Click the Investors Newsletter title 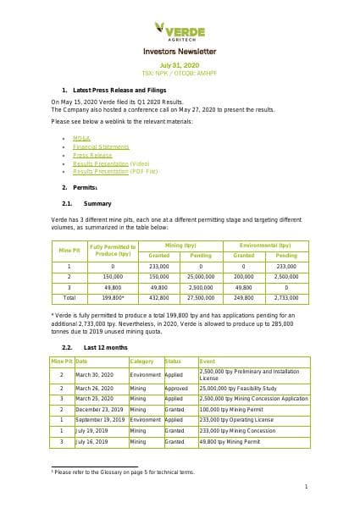pyautogui.click(x=180, y=52)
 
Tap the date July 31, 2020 pyautogui.click(x=179, y=64)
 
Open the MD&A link pyautogui.click(x=81, y=137)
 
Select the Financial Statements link pyautogui.click(x=95, y=146)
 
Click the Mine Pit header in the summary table pyautogui.click(x=69, y=250)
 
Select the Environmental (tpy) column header pyautogui.click(x=265, y=245)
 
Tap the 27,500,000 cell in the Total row pyautogui.click(x=201, y=298)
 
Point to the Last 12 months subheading pyautogui.click(x=106, y=347)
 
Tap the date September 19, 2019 pyautogui.click(x=100, y=420)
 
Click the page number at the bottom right pyautogui.click(x=305, y=487)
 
